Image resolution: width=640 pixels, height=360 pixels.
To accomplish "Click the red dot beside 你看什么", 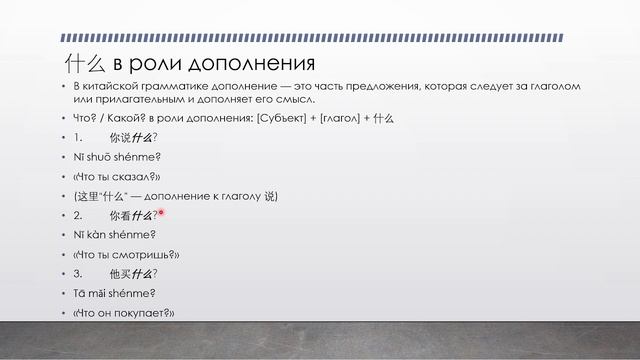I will pyautogui.click(x=160, y=213).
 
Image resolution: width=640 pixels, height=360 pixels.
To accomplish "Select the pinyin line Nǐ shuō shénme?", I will pyautogui.click(x=117, y=156).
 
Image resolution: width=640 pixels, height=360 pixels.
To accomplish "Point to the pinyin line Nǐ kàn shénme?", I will pyautogui.click(x=115, y=234).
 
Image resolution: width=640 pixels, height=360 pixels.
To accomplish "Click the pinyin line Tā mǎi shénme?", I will pyautogui.click(x=115, y=293).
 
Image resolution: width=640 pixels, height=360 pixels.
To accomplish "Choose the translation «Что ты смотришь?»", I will pyautogui.click(x=125, y=254).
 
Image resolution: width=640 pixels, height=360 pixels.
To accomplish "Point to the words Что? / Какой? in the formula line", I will pyautogui.click(x=107, y=117).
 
